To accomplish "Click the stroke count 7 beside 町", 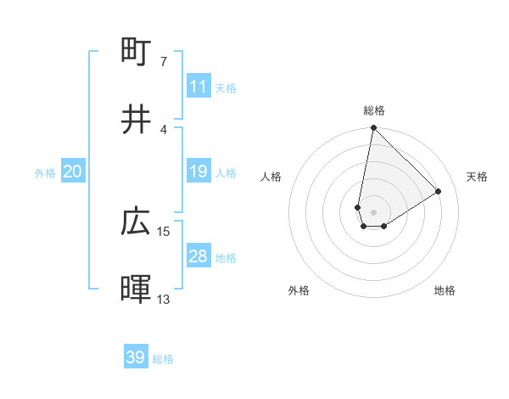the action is coord(163,61).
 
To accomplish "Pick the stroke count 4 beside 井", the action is coord(163,129).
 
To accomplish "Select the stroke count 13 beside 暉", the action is coord(164,299).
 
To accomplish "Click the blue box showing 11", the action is coord(199,87).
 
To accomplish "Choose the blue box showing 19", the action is coord(199,171).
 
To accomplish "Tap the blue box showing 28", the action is coord(199,256).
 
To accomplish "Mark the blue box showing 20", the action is coord(73,171).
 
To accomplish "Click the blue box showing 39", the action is coord(136,357).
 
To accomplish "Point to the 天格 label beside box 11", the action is coord(226,87).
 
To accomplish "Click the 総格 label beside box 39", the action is coord(163,359).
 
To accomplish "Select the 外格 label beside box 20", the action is coord(45,172).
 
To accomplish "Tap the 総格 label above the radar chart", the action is coord(374,110).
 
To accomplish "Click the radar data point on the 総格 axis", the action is coord(373,129).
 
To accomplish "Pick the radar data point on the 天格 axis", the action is coord(439,191).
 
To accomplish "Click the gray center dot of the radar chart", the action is coord(374,211).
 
